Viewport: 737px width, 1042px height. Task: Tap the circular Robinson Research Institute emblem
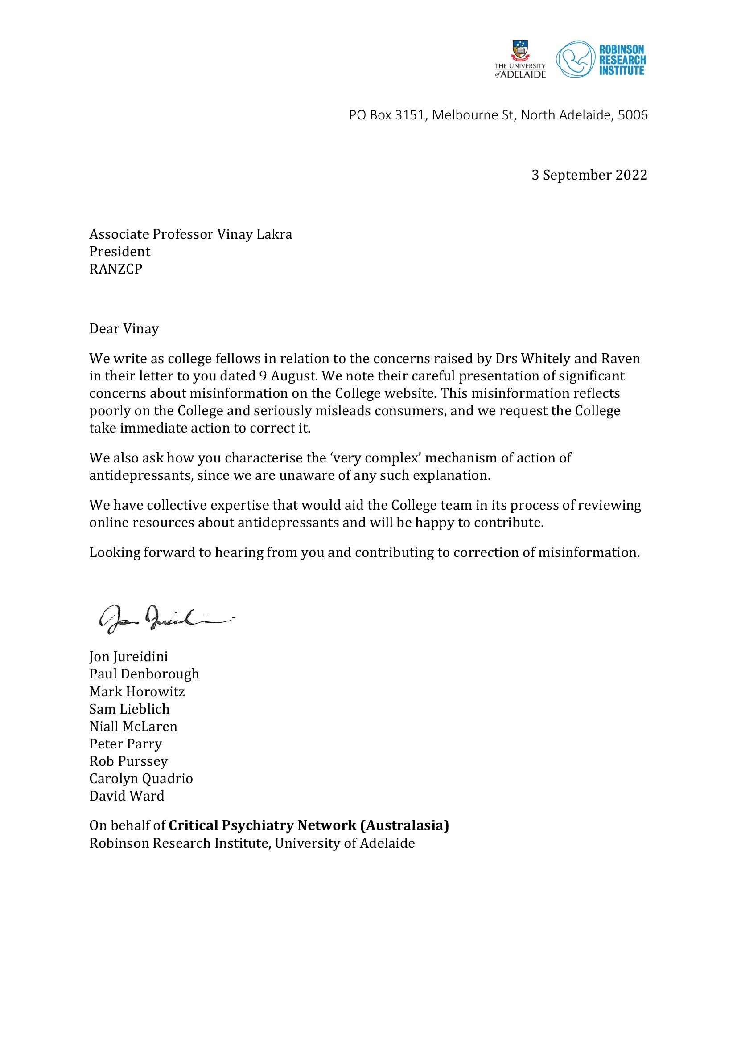[575, 59]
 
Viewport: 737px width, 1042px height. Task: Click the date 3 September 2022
[589, 175]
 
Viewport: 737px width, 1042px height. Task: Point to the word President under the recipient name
[119, 251]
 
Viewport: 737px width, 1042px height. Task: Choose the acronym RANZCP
[116, 269]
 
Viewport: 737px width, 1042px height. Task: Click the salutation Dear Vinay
[124, 329]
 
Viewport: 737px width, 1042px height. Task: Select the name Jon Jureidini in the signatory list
[128, 657]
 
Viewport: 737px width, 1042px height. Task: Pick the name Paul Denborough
[144, 674]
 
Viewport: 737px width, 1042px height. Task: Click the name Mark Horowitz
[137, 692]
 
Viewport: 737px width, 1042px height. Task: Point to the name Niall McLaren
[133, 727]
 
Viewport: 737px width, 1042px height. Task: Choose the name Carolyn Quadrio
[141, 779]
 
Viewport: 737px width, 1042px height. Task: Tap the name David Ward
[127, 796]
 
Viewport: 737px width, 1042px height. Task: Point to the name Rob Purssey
[128, 761]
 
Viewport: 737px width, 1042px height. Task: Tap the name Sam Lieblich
[129, 709]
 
